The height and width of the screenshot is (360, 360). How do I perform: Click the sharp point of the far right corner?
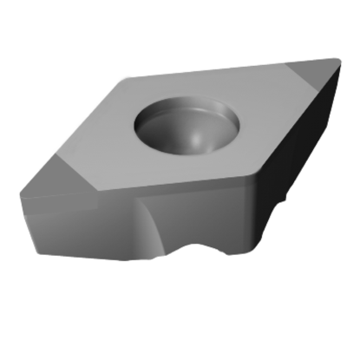tap(339, 58)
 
